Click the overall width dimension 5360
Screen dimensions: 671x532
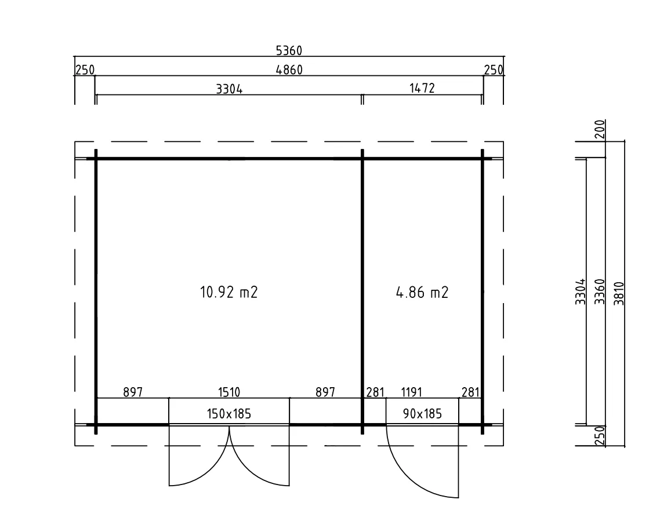tap(289, 51)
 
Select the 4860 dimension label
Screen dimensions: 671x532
tap(289, 70)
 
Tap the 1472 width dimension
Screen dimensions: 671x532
tap(422, 88)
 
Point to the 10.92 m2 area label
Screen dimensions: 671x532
tap(229, 292)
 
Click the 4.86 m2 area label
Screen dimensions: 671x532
tap(422, 293)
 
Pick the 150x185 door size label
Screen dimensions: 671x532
tap(229, 414)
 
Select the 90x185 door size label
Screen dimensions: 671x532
tap(422, 414)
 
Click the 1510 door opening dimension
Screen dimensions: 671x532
tap(229, 392)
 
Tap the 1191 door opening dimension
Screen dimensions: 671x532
tap(411, 392)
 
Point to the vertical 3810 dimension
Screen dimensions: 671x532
tap(619, 293)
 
